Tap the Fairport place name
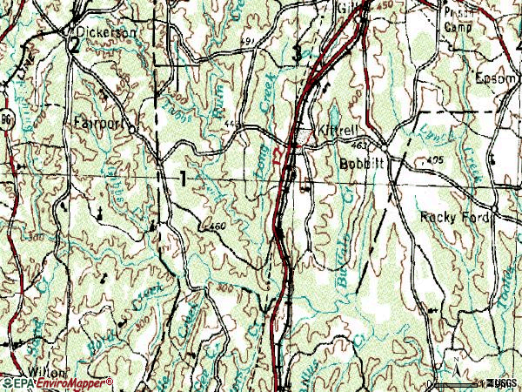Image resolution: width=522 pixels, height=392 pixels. [x=98, y=122]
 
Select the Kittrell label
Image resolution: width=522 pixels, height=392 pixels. [x=343, y=128]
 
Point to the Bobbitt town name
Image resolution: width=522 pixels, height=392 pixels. [x=361, y=163]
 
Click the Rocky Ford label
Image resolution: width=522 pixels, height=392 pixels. [x=455, y=216]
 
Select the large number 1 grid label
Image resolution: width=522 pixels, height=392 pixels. [x=183, y=179]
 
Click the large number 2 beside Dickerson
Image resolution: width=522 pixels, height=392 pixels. [x=76, y=47]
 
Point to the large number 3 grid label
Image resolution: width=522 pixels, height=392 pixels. [x=298, y=54]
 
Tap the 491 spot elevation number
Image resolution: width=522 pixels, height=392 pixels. [x=248, y=41]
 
